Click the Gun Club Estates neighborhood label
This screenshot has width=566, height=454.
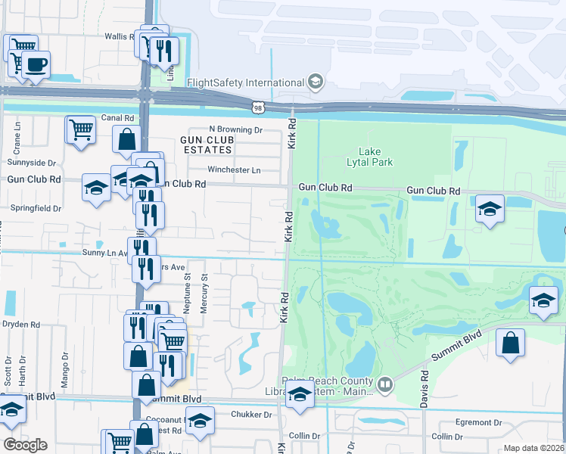coord(207,145)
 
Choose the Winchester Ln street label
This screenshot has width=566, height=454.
coord(234,169)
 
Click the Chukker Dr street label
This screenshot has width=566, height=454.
coord(253,415)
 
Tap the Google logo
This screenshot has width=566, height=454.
coord(25,445)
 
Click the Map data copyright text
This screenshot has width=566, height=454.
coord(534,448)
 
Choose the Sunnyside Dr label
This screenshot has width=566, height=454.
coord(31,163)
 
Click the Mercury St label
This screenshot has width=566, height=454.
coord(204,292)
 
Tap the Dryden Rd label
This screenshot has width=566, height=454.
coord(20,324)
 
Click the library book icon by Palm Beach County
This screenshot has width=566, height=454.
coord(385,386)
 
